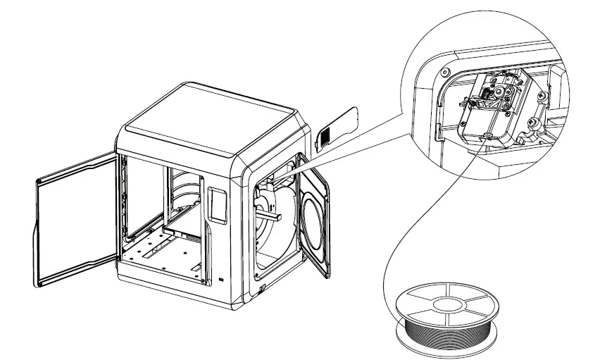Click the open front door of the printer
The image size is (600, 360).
tap(73, 218)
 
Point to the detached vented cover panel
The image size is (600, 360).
tap(338, 127)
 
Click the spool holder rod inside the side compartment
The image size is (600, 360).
tap(267, 209)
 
